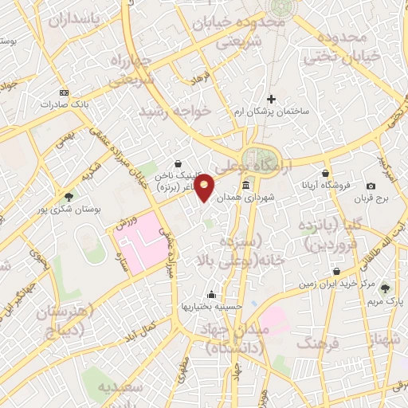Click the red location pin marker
point(205,187)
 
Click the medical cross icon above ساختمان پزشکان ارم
point(271,99)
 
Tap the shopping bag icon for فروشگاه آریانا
point(325,173)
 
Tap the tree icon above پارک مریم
point(386,288)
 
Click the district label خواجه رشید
point(175,112)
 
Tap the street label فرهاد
point(199,80)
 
